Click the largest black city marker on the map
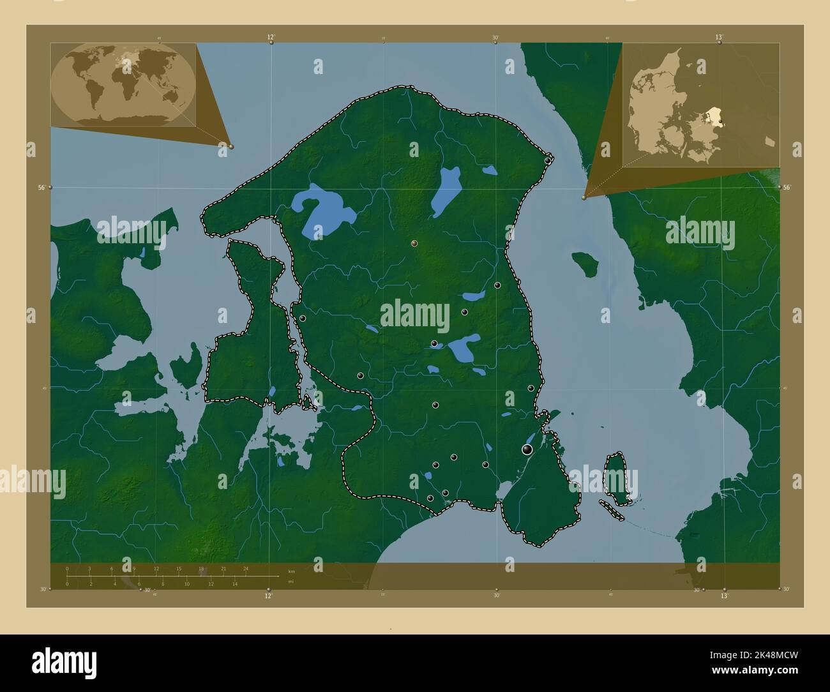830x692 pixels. (x=527, y=450)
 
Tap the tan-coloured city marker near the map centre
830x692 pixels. (x=414, y=243)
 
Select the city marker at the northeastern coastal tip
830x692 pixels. (x=548, y=161)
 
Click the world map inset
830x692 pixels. (x=123, y=85)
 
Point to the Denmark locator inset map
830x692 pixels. (x=700, y=106)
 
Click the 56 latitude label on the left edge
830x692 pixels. (x=41, y=188)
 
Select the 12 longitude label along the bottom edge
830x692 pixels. (x=268, y=596)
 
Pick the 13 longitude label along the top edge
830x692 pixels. (x=719, y=37)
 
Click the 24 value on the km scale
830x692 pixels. (x=246, y=568)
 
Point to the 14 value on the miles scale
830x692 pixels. (x=235, y=583)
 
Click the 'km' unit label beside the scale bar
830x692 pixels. (x=291, y=571)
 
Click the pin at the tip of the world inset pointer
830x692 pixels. (x=230, y=146)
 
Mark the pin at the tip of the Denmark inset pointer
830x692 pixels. (x=584, y=198)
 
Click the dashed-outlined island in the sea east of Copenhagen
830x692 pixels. (x=617, y=478)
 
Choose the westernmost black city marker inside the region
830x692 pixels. (x=303, y=318)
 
